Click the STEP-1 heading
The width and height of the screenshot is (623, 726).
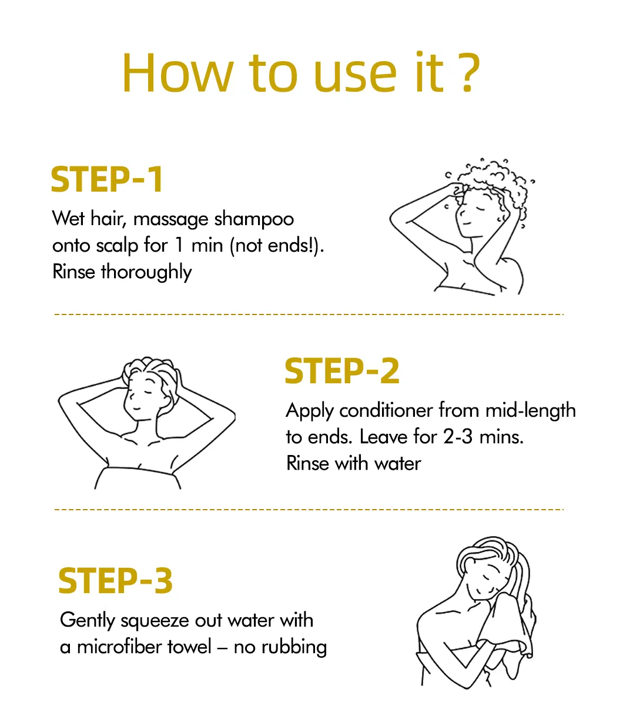(107, 179)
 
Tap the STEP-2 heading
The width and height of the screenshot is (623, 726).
(342, 371)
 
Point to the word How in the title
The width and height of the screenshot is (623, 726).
(177, 73)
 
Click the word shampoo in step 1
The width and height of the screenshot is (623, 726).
(254, 220)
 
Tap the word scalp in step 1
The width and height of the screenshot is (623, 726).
(118, 246)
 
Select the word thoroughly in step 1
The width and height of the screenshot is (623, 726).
(146, 273)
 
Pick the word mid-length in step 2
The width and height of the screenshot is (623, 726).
(531, 411)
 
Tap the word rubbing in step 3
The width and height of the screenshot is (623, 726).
(294, 648)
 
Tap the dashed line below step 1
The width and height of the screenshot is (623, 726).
(309, 315)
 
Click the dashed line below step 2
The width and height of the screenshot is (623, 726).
(309, 509)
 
